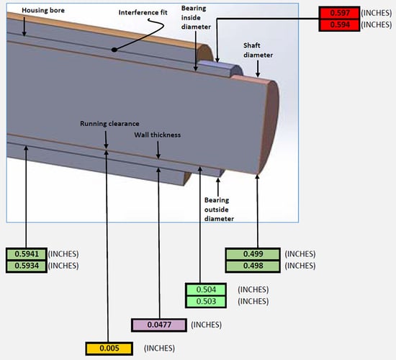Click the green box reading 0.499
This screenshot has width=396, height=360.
[x=252, y=254]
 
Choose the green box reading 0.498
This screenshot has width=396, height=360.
[x=252, y=266]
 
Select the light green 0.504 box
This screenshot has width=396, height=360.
[x=212, y=289]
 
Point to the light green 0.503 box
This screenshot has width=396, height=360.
[x=212, y=301]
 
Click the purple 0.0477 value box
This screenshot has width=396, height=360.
[x=160, y=325]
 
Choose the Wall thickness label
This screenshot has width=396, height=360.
[x=157, y=135]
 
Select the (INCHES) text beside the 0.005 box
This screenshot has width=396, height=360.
[x=159, y=348]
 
